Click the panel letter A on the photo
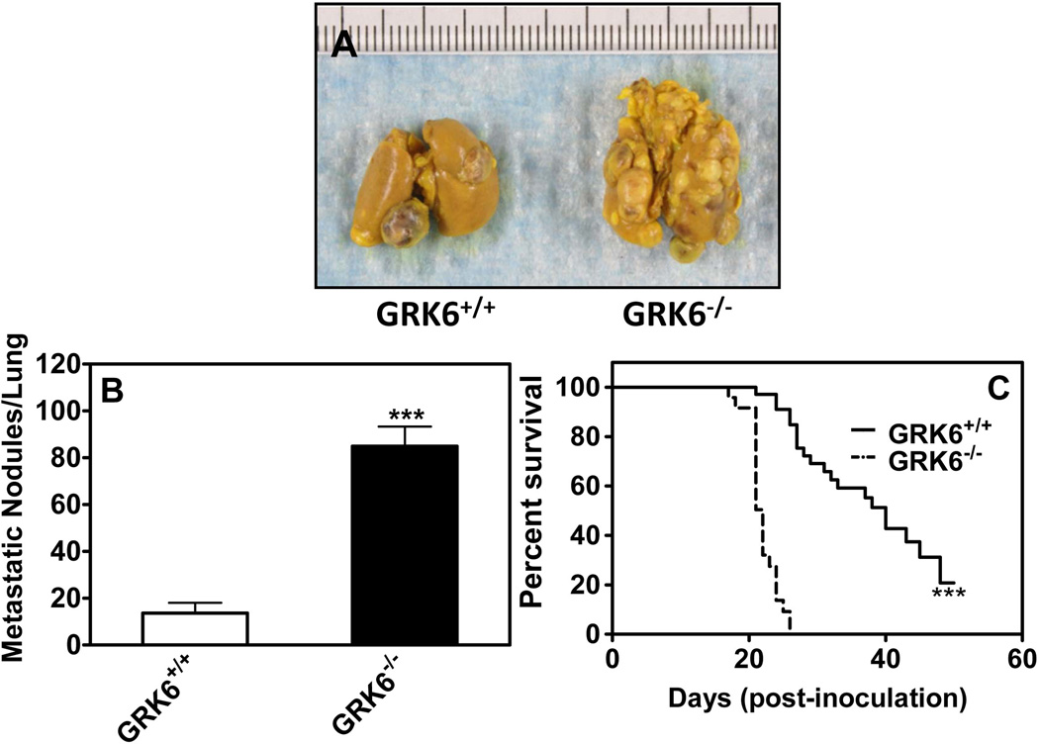pyautogui.click(x=344, y=45)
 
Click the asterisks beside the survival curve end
pyautogui.click(x=948, y=594)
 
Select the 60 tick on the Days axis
pyautogui.click(x=1021, y=660)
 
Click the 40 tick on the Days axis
pyautogui.click(x=885, y=660)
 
